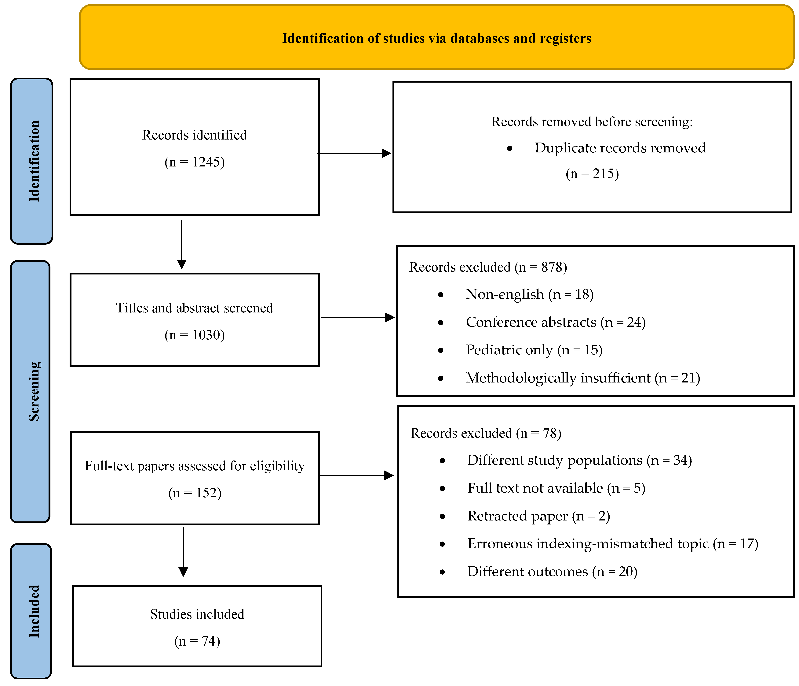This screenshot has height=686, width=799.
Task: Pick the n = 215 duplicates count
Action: click(x=592, y=174)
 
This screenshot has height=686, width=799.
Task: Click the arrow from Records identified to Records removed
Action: click(x=354, y=153)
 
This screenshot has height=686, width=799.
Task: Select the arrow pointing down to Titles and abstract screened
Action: click(x=182, y=244)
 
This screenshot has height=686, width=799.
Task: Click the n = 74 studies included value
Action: click(x=197, y=641)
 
